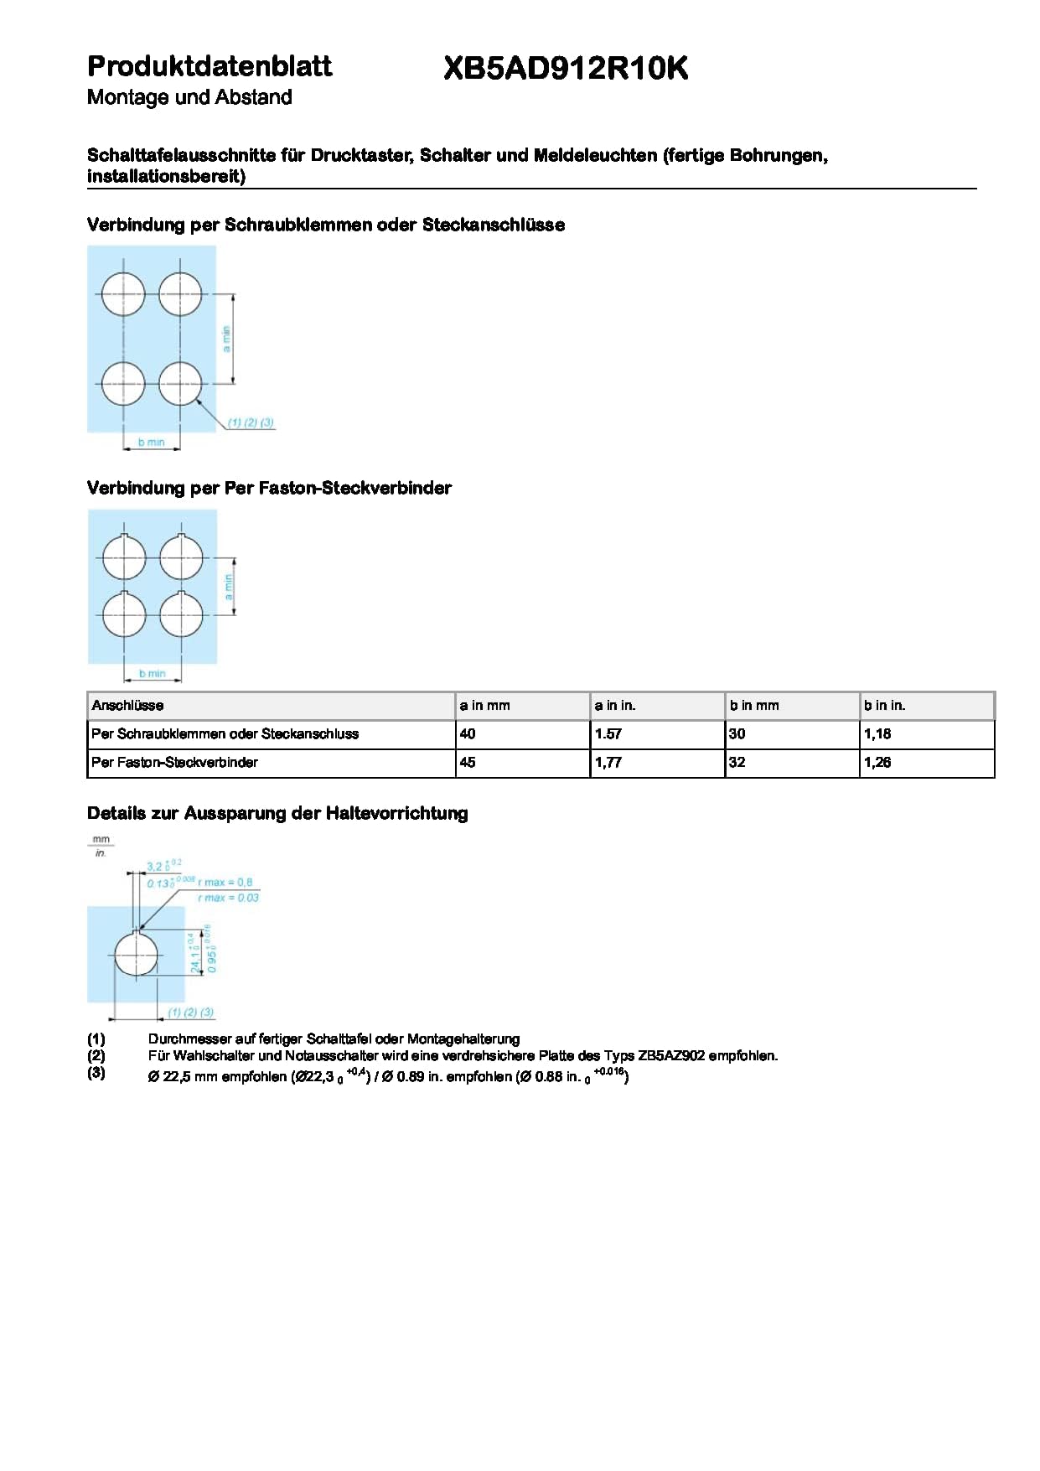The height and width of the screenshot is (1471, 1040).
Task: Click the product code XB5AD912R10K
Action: pos(566,69)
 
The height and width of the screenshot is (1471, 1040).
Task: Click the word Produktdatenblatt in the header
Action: pos(210,66)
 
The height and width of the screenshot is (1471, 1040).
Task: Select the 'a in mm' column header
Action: pos(484,706)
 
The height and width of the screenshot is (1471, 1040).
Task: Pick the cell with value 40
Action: pos(468,734)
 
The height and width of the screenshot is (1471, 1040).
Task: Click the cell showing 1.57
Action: pos(608,734)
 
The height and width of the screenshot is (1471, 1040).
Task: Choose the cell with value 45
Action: pos(468,763)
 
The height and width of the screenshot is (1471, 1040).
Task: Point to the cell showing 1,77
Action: pos(608,763)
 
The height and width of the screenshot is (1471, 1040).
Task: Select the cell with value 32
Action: pos(737,763)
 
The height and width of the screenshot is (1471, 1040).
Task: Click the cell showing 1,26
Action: pos(877,763)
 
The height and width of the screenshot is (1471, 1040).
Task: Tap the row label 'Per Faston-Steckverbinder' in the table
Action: pos(174,763)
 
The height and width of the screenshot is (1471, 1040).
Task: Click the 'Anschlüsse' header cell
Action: pos(127,706)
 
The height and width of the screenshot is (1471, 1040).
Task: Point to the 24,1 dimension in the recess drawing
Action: pos(195,956)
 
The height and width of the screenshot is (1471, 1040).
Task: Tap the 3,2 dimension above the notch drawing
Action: pos(156,867)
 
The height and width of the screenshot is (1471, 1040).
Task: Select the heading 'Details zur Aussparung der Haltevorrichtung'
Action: pos(277,813)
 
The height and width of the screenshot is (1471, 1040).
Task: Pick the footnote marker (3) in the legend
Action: pos(96,1073)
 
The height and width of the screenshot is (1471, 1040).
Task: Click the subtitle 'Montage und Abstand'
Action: pos(189,97)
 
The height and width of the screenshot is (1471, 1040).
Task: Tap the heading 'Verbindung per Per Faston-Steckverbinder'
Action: pos(269,489)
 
